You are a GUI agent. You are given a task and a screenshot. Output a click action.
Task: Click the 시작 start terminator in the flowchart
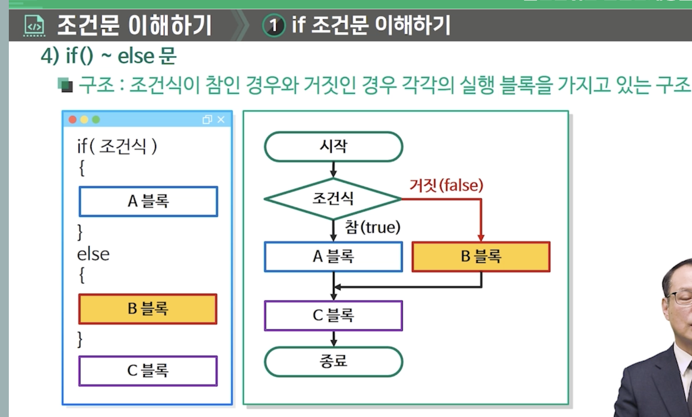pos(333,147)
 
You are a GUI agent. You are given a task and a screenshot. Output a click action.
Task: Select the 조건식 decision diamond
pos(333,198)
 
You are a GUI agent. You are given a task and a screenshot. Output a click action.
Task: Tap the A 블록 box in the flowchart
pos(333,257)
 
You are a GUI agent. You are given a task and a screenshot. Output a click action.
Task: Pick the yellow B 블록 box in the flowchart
pos(481,257)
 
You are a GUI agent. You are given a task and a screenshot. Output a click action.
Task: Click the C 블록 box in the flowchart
pos(333,316)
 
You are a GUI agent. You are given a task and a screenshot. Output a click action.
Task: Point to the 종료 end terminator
pos(333,362)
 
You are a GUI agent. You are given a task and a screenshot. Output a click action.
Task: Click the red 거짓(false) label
pos(446,185)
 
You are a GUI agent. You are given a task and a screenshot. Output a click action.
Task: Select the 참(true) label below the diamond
pos(372,227)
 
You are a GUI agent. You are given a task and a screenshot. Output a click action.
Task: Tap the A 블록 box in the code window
pos(148,201)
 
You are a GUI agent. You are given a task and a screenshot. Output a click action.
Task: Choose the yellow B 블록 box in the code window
pos(148,309)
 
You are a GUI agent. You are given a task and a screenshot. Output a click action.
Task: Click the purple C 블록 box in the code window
pos(148,371)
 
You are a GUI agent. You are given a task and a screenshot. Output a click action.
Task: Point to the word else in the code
pos(93,254)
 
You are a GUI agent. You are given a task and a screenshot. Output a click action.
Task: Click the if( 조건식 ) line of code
pos(117,146)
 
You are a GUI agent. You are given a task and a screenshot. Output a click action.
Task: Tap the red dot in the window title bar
pos(73,120)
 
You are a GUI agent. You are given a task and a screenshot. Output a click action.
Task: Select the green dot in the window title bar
pos(96,120)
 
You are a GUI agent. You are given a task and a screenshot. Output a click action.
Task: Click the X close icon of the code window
pos(221,120)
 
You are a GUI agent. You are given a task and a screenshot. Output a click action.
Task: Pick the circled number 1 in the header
pos(274,25)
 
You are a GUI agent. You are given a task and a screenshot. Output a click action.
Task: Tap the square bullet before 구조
pos(65,85)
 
